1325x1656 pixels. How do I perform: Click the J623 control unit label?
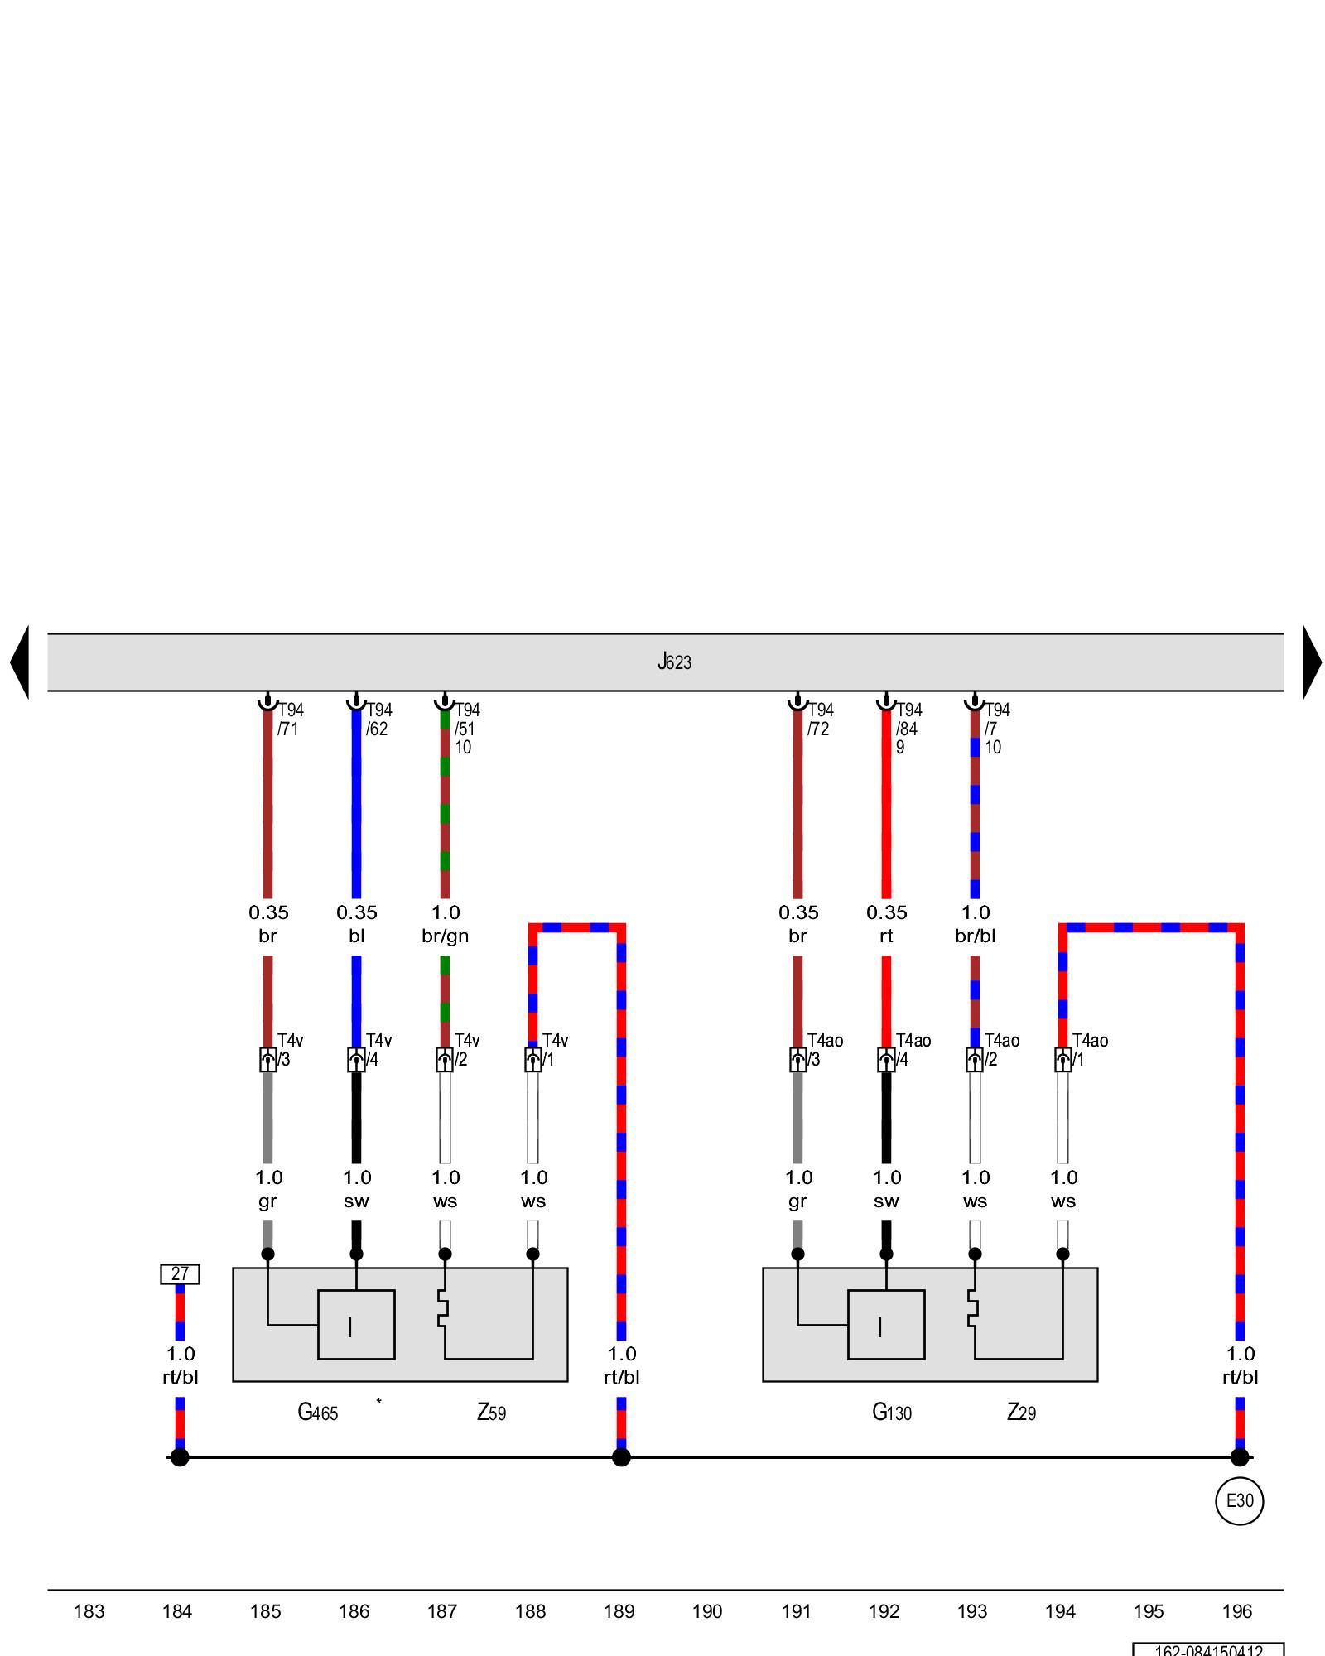tap(674, 662)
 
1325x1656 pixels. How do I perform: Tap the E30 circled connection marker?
tap(1239, 1500)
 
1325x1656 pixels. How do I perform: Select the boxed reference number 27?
tap(180, 1273)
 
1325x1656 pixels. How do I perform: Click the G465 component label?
tap(317, 1412)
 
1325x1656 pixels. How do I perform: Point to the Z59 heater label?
tap(491, 1412)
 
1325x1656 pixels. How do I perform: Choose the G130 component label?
tap(891, 1412)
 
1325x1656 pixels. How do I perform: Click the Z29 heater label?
tap(1021, 1412)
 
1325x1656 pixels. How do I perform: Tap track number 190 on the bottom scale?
tap(707, 1611)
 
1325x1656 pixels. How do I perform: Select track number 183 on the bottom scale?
tap(89, 1611)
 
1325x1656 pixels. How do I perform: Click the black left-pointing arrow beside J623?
tap(21, 662)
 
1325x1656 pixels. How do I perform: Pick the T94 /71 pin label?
tap(290, 719)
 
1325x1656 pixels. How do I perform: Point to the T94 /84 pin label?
tap(908, 719)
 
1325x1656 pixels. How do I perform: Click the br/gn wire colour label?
tap(445, 936)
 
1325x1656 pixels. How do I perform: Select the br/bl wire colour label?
tap(975, 936)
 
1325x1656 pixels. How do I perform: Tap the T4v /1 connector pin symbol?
tap(532, 1059)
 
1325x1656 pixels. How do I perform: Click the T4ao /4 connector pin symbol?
tap(886, 1059)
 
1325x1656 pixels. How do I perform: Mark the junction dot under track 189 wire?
tap(621, 1457)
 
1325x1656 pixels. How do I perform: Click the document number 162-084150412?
tap(1208, 1649)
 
